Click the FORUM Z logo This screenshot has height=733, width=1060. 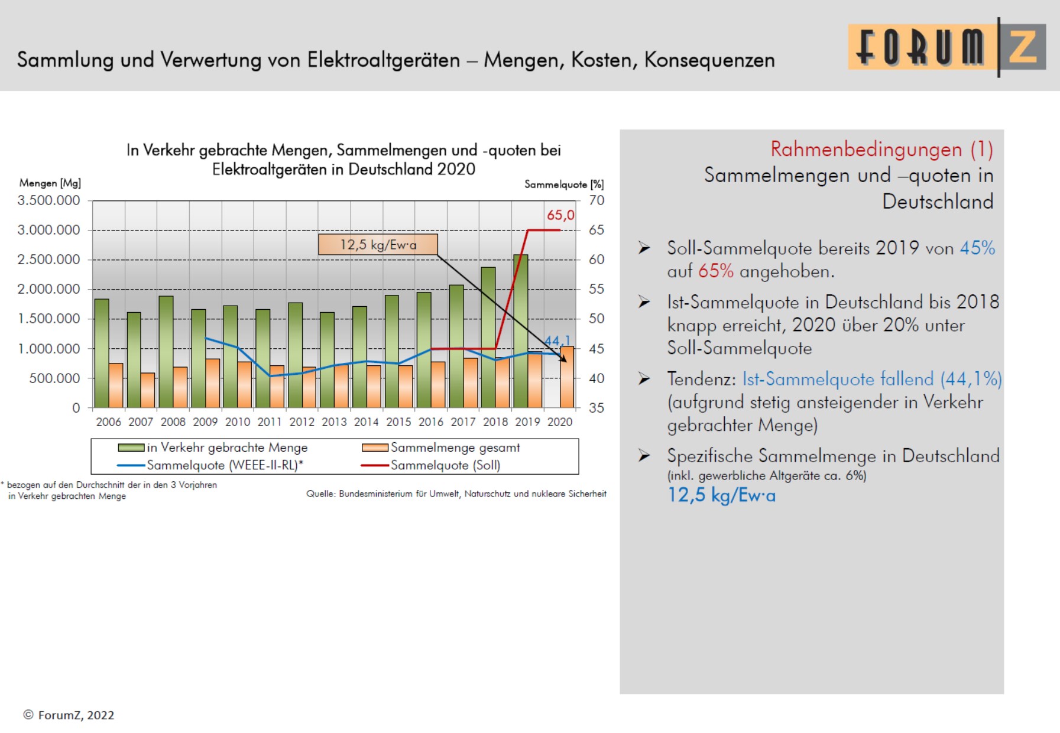(x=946, y=47)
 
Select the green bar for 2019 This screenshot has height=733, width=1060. (x=520, y=331)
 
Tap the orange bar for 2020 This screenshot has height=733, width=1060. (x=567, y=378)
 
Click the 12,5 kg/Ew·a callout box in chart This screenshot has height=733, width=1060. (x=378, y=245)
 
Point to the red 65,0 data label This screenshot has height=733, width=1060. (x=560, y=215)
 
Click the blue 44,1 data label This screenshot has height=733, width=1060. (x=556, y=341)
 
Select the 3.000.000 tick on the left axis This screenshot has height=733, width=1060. (x=48, y=230)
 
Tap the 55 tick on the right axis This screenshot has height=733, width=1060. (x=596, y=289)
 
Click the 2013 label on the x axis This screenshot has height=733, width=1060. (x=334, y=422)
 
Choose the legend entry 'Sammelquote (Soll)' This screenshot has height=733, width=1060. (x=445, y=465)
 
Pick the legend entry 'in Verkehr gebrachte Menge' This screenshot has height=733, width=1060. (x=227, y=447)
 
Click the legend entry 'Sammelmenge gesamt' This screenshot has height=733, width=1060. (x=455, y=447)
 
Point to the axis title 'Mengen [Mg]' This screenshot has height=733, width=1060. (x=50, y=183)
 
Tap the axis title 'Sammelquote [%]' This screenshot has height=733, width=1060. (x=564, y=184)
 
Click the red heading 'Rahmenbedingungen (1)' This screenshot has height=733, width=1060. (x=881, y=150)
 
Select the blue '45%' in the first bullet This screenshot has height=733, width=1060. (x=977, y=248)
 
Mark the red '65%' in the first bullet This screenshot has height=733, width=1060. (x=715, y=271)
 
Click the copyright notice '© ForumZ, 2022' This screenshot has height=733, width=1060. (x=69, y=715)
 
